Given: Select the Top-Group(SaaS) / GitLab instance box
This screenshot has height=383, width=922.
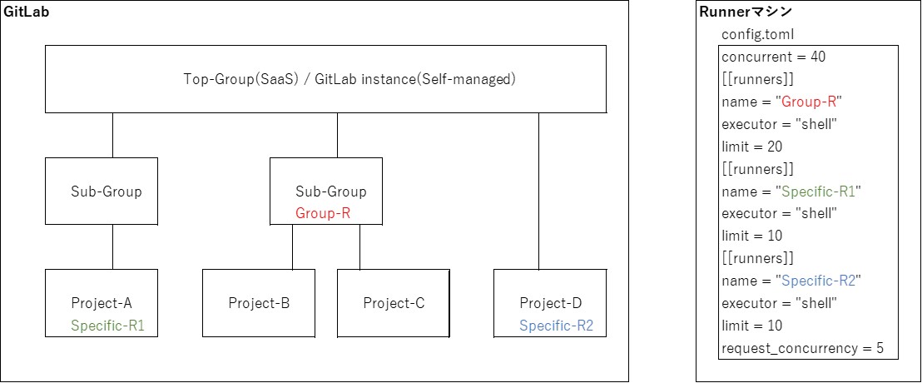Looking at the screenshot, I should (x=325, y=79).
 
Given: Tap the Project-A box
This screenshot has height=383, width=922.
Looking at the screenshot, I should (x=101, y=302).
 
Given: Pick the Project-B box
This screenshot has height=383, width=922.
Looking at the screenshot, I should (x=259, y=303).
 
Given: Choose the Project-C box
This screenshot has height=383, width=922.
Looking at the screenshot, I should (x=394, y=303).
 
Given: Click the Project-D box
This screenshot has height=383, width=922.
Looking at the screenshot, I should (x=549, y=302).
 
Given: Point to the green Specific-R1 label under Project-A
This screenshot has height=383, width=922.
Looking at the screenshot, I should (x=108, y=326).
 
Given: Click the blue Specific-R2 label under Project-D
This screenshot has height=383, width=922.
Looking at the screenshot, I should (x=557, y=326).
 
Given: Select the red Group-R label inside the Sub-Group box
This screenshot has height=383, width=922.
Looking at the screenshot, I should (x=323, y=213).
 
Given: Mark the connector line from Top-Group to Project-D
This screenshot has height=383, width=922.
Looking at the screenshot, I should (x=538, y=191).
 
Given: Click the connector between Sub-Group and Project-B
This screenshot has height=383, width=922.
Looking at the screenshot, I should (x=292, y=246).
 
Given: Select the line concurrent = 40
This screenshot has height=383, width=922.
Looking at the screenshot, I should (x=774, y=57).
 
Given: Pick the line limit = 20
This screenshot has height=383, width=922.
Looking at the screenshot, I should (x=752, y=147).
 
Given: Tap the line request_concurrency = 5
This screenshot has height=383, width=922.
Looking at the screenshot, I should (x=802, y=348).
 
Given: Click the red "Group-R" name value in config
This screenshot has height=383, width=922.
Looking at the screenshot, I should (x=809, y=102).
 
